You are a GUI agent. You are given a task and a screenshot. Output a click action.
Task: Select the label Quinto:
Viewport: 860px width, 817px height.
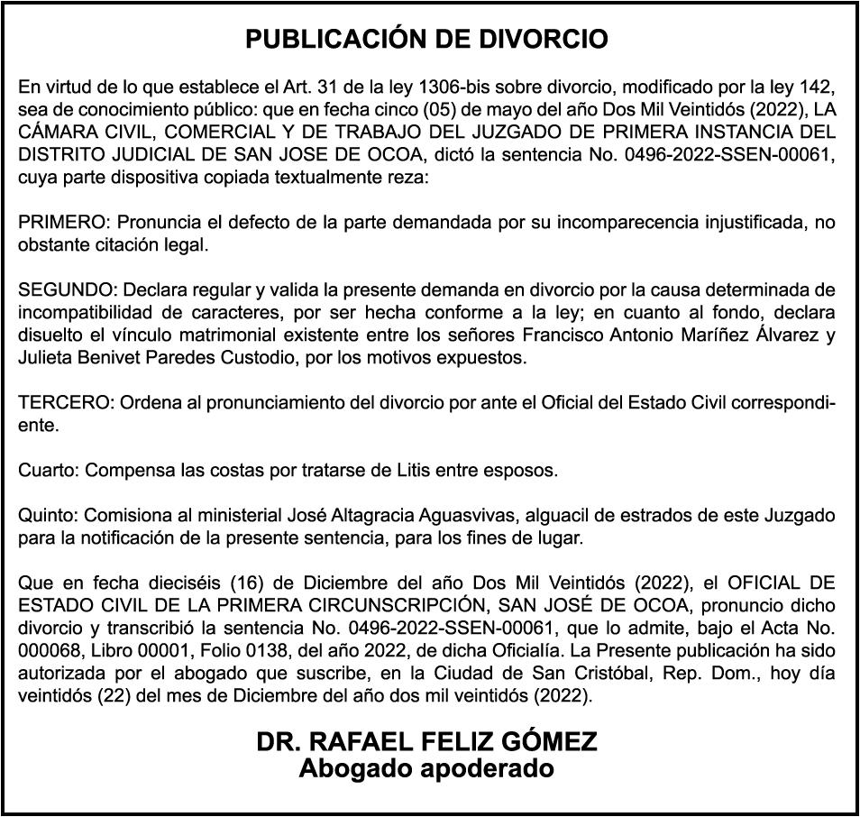click(x=46, y=516)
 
